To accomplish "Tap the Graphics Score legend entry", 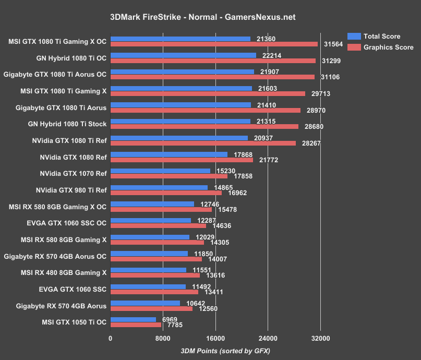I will click(x=388, y=47).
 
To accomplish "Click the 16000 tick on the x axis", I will click(x=215, y=339).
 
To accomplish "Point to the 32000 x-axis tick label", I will click(x=320, y=339).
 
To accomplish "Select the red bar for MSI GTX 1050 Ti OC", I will click(x=136, y=325).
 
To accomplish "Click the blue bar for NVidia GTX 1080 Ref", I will click(x=169, y=154).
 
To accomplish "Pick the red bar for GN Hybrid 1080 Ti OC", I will click(x=213, y=61).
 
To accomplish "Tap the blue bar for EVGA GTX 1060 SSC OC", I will click(x=151, y=221).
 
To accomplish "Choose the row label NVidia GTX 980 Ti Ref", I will click(x=71, y=190).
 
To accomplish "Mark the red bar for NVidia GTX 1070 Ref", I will click(x=169, y=176).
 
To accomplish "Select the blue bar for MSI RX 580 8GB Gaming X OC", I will click(x=152, y=204).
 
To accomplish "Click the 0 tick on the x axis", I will click(x=111, y=339).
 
